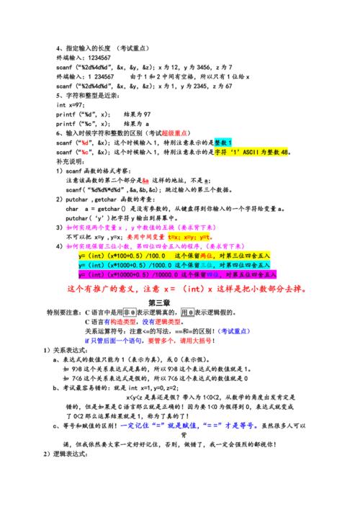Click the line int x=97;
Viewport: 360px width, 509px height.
point(70,104)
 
